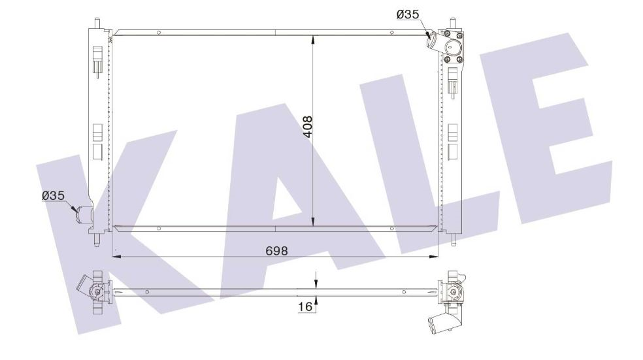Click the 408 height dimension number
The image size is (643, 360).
(308, 129)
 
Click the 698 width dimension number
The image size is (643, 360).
(276, 250)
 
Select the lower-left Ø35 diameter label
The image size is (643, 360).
(52, 195)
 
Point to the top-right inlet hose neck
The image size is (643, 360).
(433, 44)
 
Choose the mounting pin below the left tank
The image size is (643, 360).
(97, 240)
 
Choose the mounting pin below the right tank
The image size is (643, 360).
(452, 239)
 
